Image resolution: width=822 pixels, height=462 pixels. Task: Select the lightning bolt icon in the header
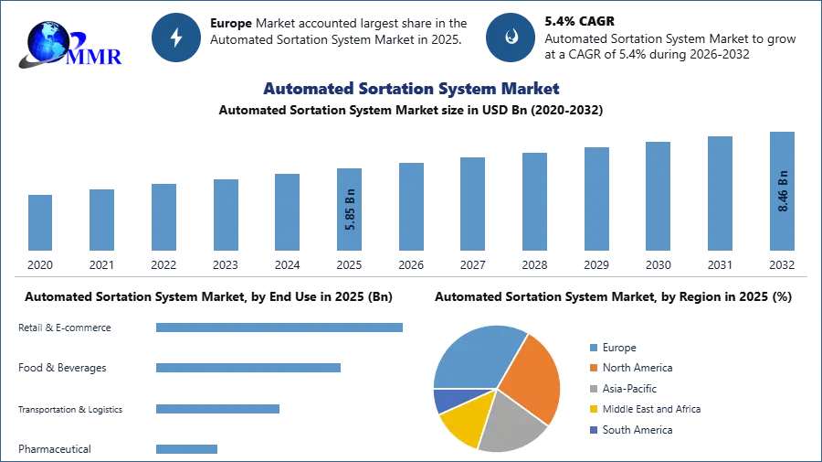[x=176, y=38]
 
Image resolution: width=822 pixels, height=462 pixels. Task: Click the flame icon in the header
[x=511, y=38]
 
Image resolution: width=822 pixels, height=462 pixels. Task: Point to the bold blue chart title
[x=412, y=89]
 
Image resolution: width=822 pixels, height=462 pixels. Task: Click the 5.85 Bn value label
[x=351, y=209]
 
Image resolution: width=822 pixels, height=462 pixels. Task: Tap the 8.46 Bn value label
[x=783, y=191]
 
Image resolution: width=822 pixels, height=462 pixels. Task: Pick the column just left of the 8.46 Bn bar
[x=720, y=193]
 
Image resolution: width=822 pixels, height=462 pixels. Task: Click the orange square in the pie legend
[x=592, y=368]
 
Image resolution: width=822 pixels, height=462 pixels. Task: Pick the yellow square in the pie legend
[x=592, y=410]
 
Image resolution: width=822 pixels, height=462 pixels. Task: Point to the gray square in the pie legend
[x=592, y=389]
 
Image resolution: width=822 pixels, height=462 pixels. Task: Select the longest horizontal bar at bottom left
[x=280, y=329]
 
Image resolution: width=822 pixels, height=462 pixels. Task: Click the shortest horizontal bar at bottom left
[x=186, y=447]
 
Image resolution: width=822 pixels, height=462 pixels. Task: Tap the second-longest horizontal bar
[x=248, y=367]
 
